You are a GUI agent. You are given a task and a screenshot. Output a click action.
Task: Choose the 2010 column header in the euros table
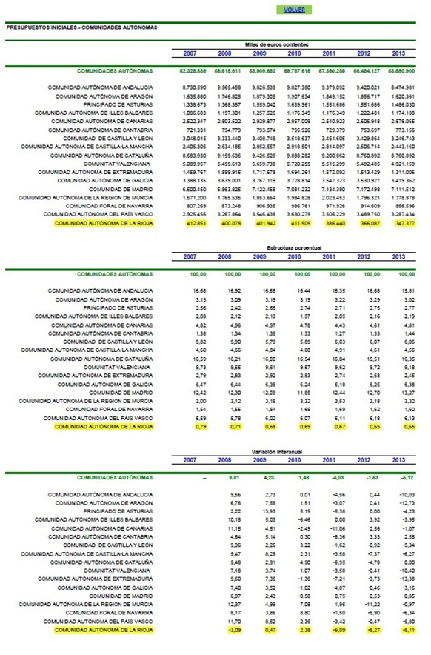297,53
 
